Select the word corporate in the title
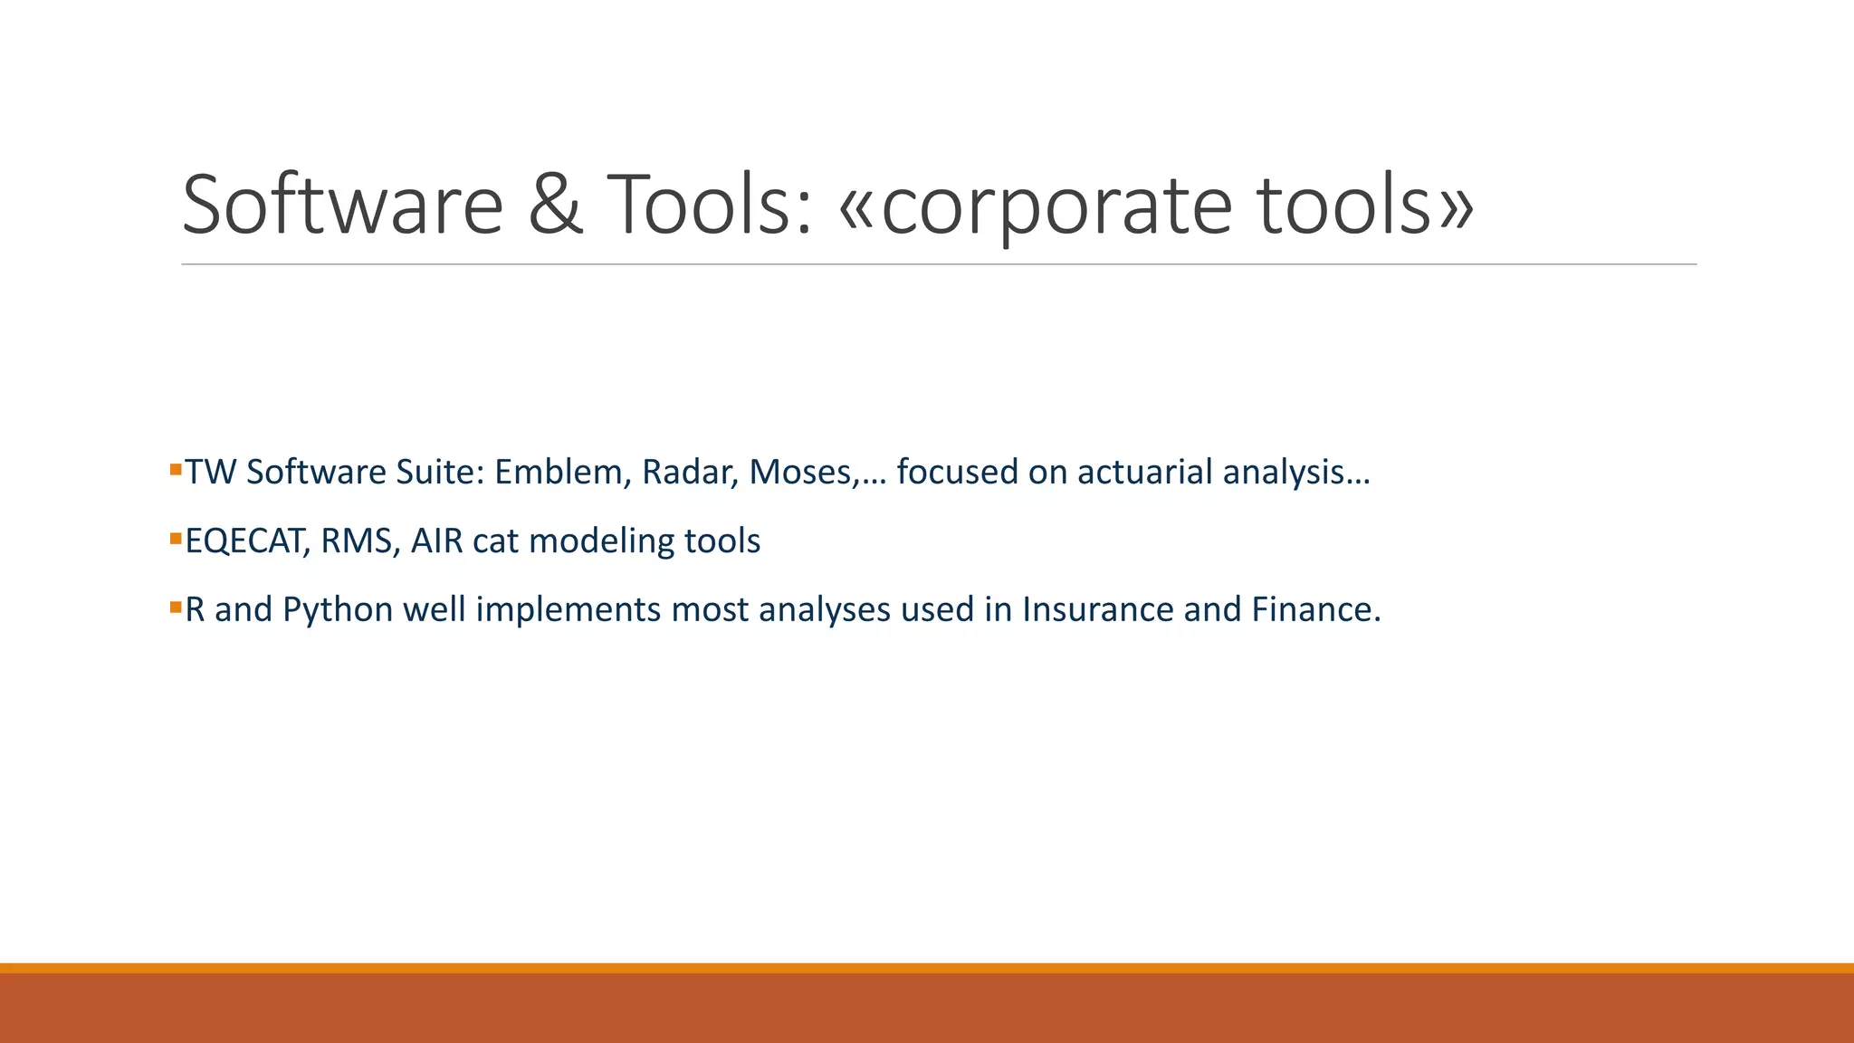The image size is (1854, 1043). click(x=1056, y=206)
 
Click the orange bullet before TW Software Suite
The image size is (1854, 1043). click(x=176, y=469)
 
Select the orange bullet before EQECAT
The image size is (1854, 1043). click(x=176, y=538)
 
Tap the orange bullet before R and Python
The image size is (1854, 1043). click(x=176, y=607)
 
